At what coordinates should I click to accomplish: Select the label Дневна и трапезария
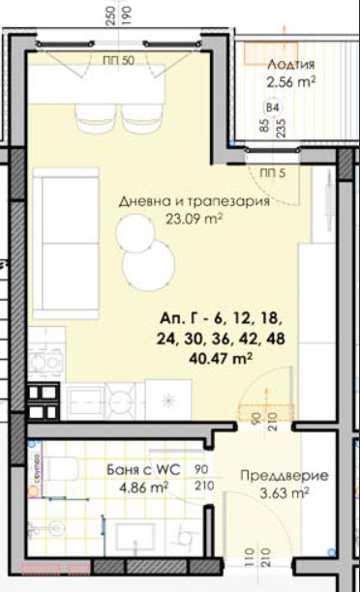193,202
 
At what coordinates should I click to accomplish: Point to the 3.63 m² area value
286,492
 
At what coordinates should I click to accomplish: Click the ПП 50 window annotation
118,61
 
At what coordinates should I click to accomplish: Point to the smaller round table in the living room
133,231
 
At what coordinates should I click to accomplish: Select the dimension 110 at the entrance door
249,558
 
